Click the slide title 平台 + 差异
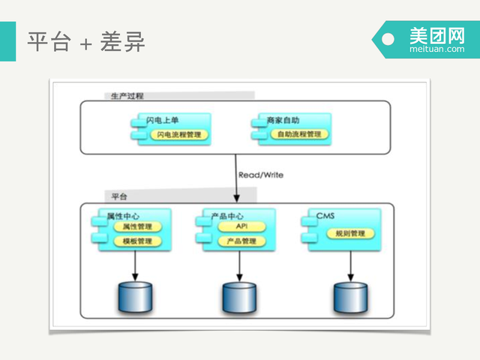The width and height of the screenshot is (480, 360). pyautogui.click(x=85, y=41)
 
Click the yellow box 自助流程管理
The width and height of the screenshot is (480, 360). pyautogui.click(x=298, y=135)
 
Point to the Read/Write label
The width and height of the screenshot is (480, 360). pyautogui.click(x=260, y=175)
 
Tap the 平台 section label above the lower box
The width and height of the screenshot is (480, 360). pyautogui.click(x=119, y=196)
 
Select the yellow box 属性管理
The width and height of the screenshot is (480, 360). pyautogui.click(x=137, y=226)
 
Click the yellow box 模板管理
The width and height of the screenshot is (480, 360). pyautogui.click(x=137, y=241)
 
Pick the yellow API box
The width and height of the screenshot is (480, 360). pyautogui.click(x=241, y=226)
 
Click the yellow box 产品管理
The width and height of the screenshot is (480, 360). pyautogui.click(x=241, y=241)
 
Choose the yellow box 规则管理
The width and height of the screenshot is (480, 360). pyautogui.click(x=346, y=233)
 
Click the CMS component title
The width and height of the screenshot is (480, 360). pyautogui.click(x=325, y=216)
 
